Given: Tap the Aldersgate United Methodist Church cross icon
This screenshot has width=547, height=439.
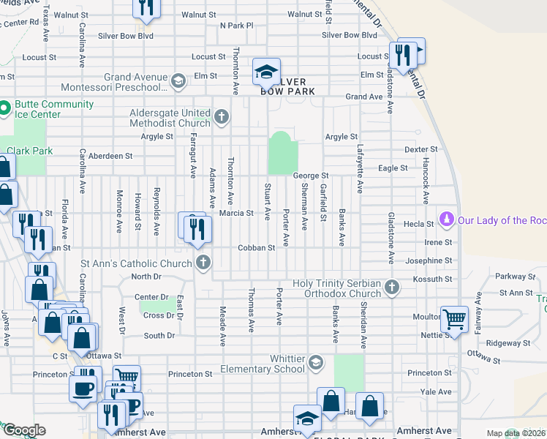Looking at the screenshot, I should (222, 117).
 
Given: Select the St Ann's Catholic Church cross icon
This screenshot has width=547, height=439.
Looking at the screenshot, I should (203, 262).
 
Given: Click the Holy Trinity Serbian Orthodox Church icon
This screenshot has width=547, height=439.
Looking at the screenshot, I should (392, 288).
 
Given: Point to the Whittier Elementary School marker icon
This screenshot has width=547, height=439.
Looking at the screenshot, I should (315, 363).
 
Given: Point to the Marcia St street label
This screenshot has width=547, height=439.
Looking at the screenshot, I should (236, 214).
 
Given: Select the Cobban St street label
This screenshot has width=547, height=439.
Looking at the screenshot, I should (256, 248).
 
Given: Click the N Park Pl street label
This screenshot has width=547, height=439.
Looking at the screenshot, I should (236, 25).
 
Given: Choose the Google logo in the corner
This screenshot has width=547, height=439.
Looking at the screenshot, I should (24, 430).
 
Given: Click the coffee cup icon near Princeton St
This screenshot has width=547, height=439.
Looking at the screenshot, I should (83, 387).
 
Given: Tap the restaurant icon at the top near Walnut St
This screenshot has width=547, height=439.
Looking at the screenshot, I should (147, 7).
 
